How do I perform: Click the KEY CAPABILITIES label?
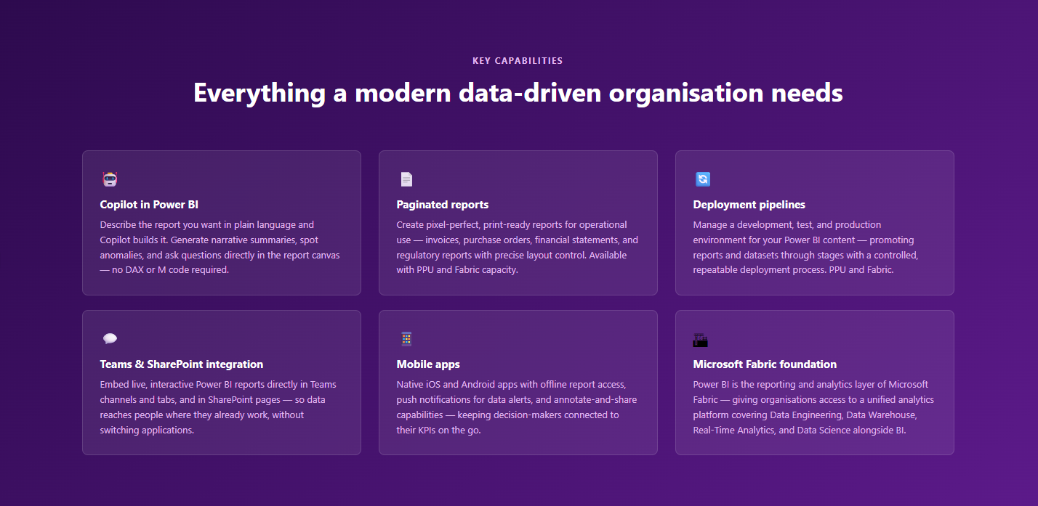click(518, 61)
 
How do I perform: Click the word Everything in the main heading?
click(259, 94)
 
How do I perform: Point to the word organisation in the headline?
click(686, 94)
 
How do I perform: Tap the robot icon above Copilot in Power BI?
click(110, 179)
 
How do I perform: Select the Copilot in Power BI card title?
click(149, 205)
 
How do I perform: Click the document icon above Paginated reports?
click(406, 179)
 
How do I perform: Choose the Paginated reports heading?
click(442, 205)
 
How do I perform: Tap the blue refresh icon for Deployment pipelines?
click(702, 179)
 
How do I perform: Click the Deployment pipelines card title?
click(749, 205)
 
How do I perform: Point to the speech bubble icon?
click(110, 338)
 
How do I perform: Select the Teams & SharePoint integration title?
click(181, 364)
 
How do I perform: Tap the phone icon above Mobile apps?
click(406, 339)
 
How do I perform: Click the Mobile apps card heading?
click(427, 364)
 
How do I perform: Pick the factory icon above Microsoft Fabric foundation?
click(700, 340)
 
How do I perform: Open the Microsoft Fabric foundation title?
click(765, 364)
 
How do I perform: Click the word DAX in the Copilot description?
click(134, 269)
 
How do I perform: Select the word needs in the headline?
click(807, 94)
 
